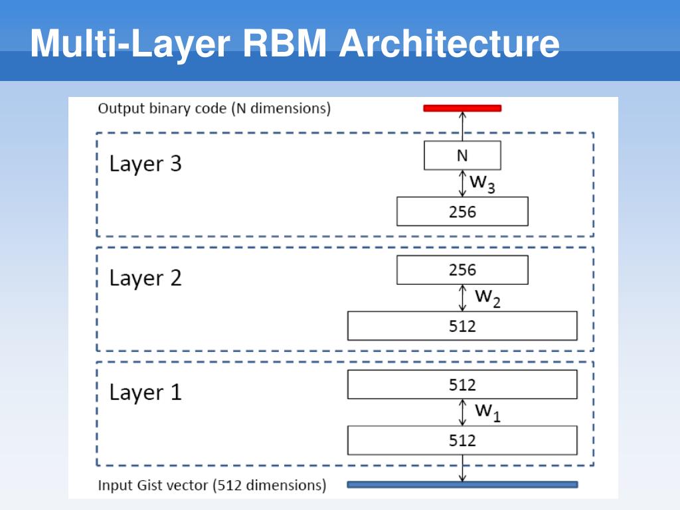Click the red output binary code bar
[462, 108]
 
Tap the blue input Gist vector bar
[462, 484]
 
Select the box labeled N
[462, 155]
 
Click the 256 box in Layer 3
[462, 211]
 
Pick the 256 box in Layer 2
[462, 270]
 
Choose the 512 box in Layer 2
[462, 325]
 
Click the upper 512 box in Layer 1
[462, 384]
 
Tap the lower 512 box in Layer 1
[462, 440]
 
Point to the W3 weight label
[482, 183]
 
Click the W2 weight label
[487, 298]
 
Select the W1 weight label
[487, 412]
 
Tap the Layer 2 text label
[145, 278]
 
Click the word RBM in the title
[284, 43]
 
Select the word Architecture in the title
[450, 43]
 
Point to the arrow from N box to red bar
[462, 126]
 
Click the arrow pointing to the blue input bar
[462, 468]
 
